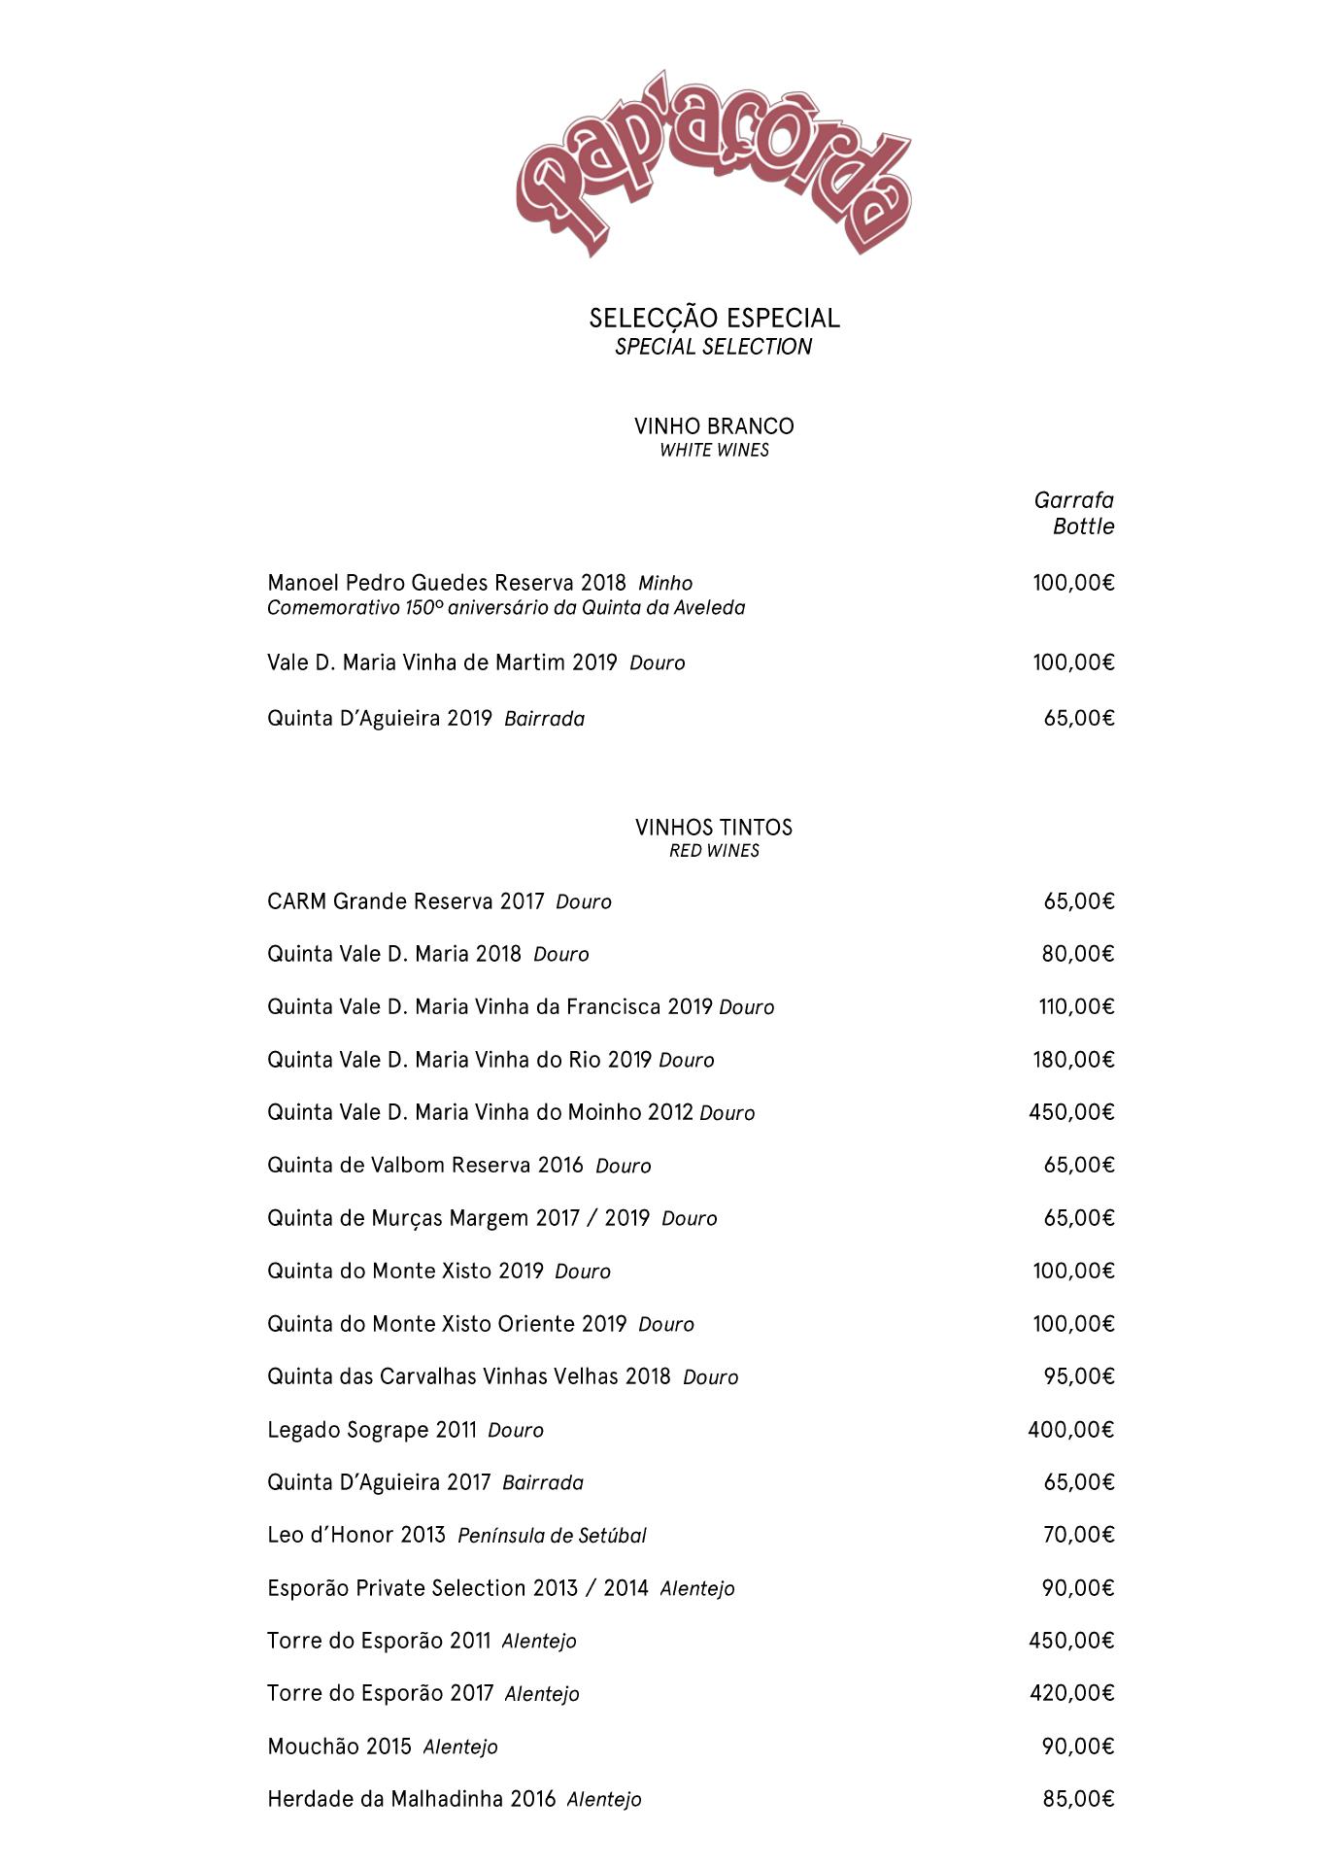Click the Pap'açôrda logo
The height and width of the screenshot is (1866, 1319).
click(714, 165)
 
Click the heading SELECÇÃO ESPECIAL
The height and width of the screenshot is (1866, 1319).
click(714, 318)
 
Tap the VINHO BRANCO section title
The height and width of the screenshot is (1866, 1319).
click(714, 426)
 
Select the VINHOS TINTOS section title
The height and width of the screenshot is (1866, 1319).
click(714, 828)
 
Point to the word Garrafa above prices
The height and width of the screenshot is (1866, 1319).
click(1073, 500)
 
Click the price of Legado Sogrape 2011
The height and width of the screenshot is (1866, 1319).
click(1070, 1429)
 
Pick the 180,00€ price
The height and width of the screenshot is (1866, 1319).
click(1072, 1059)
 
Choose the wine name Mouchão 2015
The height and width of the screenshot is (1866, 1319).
click(340, 1746)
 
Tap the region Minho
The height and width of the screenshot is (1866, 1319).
click(665, 583)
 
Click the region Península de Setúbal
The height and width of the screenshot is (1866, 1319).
click(552, 1535)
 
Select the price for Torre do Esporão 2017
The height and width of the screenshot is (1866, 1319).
click(1071, 1693)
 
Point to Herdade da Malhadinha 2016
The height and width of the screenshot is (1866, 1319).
click(411, 1799)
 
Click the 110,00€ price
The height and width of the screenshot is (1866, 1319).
click(1075, 1006)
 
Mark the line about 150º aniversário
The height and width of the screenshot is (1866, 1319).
click(506, 608)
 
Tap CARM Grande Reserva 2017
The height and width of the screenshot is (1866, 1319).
click(406, 901)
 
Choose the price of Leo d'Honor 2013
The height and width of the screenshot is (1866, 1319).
click(1077, 1535)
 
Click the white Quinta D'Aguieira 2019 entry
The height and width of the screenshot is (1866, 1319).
click(380, 719)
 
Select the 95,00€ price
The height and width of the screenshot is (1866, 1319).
click(1077, 1376)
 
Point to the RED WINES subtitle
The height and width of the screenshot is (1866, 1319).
click(714, 851)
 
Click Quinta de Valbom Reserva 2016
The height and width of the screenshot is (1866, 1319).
click(425, 1165)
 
